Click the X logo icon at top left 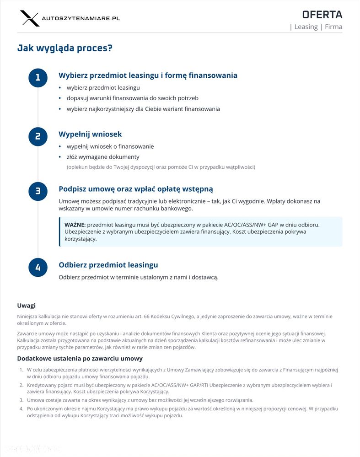click(x=30, y=18)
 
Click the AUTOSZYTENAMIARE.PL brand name click(x=81, y=18)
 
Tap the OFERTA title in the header click(x=322, y=14)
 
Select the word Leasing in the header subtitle click(x=306, y=27)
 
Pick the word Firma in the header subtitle click(x=333, y=27)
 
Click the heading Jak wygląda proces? click(x=64, y=48)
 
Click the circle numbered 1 click(x=38, y=77)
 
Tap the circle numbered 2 click(x=38, y=136)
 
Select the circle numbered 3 click(x=38, y=191)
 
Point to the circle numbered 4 click(x=38, y=267)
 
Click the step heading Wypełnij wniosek click(x=90, y=134)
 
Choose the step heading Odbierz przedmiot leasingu click(x=108, y=265)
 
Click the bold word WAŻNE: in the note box click(x=75, y=225)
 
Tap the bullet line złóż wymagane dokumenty click(x=103, y=157)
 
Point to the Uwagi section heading click(x=26, y=306)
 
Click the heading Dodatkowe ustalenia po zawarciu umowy click(x=80, y=359)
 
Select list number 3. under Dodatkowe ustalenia click(x=21, y=400)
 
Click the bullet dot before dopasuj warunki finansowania click(x=60, y=98)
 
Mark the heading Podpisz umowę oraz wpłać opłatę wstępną click(x=135, y=189)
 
